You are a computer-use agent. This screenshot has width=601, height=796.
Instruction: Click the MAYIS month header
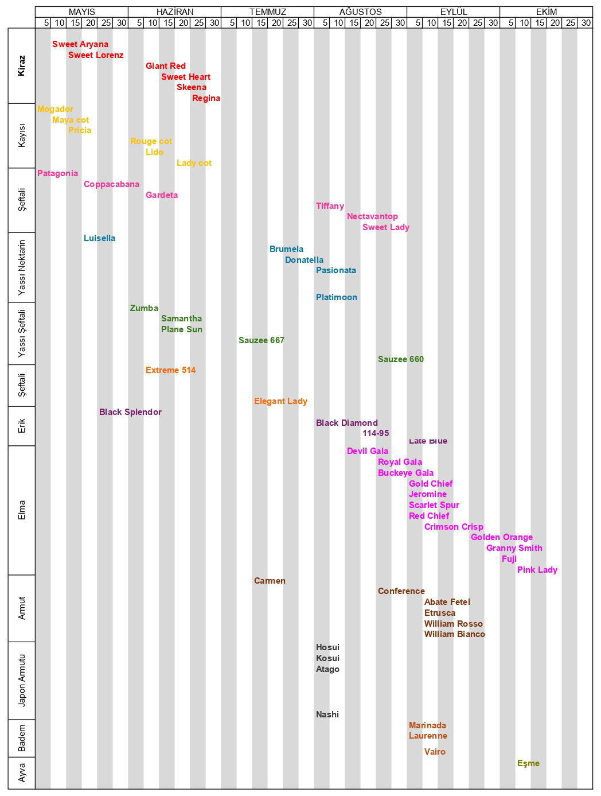point(81,12)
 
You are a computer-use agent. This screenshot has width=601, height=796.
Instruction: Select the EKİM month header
point(546,12)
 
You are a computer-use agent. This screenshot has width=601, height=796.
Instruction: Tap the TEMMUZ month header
point(267,12)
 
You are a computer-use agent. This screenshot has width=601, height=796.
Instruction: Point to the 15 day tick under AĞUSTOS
point(354,23)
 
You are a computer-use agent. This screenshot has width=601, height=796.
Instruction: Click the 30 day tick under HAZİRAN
point(214,23)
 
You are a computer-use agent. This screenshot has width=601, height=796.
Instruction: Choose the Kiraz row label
point(22,65)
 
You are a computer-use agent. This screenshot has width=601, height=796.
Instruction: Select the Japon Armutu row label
point(22,680)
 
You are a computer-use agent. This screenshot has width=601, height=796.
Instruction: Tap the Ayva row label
point(22,772)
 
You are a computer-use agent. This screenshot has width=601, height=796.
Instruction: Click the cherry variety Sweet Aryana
point(80,44)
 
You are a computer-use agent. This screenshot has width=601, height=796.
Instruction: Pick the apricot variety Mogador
point(55,109)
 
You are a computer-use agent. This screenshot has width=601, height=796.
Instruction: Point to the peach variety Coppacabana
point(111,184)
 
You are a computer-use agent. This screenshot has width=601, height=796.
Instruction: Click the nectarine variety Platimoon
point(337,297)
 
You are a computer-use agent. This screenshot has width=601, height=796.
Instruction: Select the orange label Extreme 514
point(170,370)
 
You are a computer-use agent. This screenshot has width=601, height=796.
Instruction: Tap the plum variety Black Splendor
point(130,412)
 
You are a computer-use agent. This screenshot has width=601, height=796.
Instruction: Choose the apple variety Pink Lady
point(537,570)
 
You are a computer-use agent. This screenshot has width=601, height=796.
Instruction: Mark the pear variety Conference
point(401,591)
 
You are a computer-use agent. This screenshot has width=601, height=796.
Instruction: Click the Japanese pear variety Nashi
point(327,715)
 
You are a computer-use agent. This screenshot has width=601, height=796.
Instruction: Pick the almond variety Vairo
point(435,752)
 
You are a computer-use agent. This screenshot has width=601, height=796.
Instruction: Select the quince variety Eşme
point(528,763)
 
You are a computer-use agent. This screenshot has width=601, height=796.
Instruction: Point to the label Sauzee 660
point(401,359)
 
